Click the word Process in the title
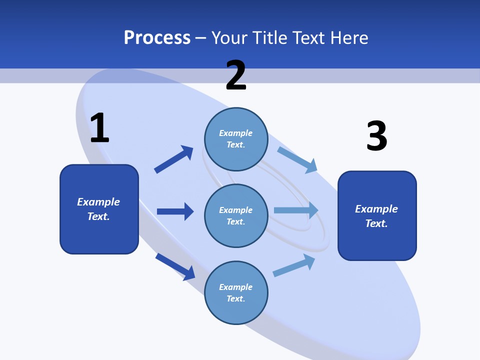[x=157, y=38]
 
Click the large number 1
[x=99, y=128]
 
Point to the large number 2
[x=236, y=76]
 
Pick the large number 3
[x=376, y=136]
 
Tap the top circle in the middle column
[x=236, y=139]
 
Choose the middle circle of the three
[x=236, y=216]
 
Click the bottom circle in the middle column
[x=236, y=293]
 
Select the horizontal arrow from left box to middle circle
[x=175, y=211]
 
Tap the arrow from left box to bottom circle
[x=175, y=266]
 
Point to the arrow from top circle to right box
[x=297, y=160]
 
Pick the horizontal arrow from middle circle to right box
[x=296, y=210]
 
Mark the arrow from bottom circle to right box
[x=294, y=265]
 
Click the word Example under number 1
[x=98, y=202]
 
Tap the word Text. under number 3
[x=376, y=223]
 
